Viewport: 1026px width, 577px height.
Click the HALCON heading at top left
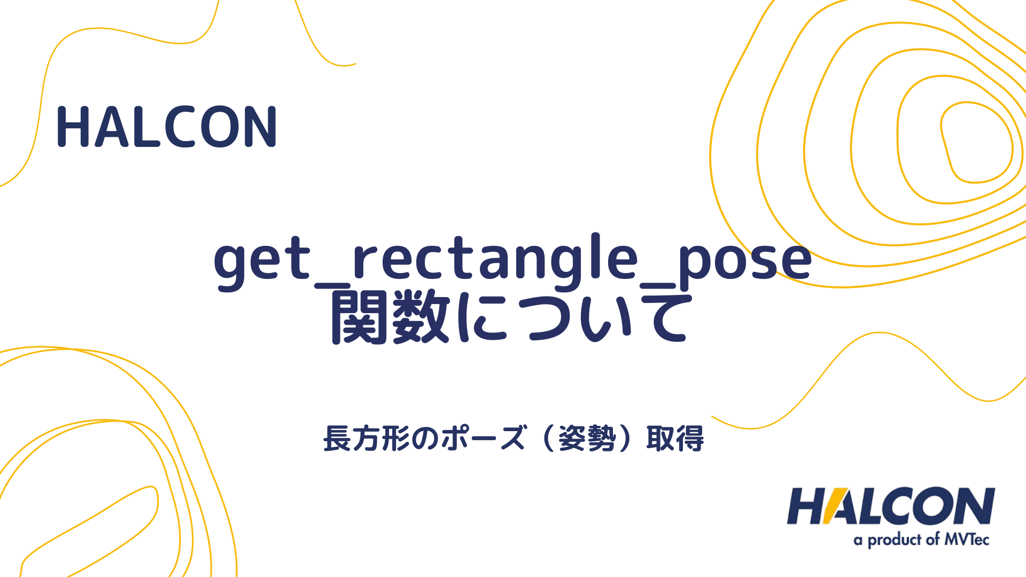tap(167, 127)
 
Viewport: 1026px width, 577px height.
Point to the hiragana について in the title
tap(572, 317)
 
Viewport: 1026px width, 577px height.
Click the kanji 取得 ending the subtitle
tap(675, 439)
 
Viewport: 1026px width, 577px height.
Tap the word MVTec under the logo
tap(966, 540)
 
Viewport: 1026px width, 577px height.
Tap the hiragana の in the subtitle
tap(425, 439)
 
